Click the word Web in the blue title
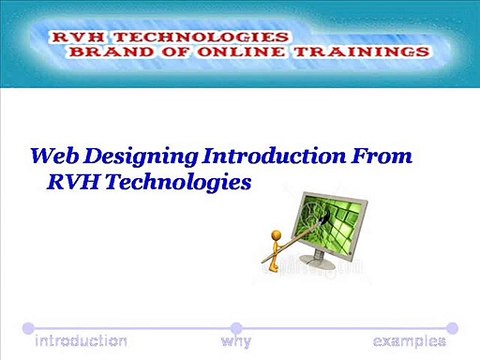(x=54, y=157)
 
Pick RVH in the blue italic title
(x=74, y=182)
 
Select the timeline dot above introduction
(x=29, y=327)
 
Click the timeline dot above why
(x=236, y=327)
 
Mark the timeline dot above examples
(x=452, y=327)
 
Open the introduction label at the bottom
(x=81, y=342)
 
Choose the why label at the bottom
(x=236, y=342)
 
